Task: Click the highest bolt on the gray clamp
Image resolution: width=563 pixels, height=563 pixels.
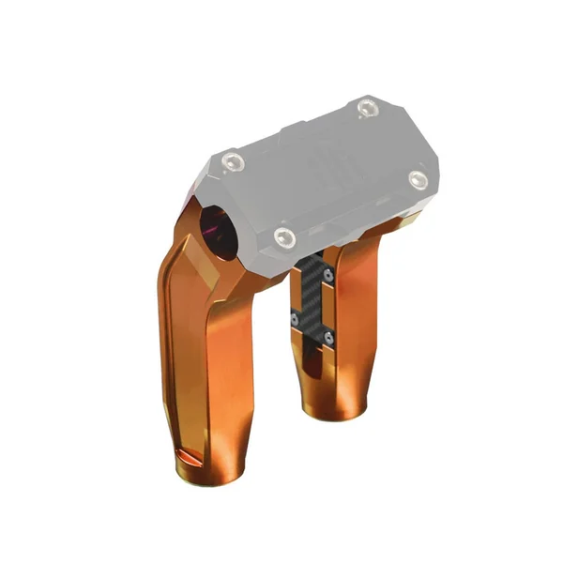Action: pos(365,109)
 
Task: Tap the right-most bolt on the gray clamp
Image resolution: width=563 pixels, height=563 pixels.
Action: pos(417,177)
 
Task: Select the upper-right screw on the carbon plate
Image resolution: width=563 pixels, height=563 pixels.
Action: pos(327,273)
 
